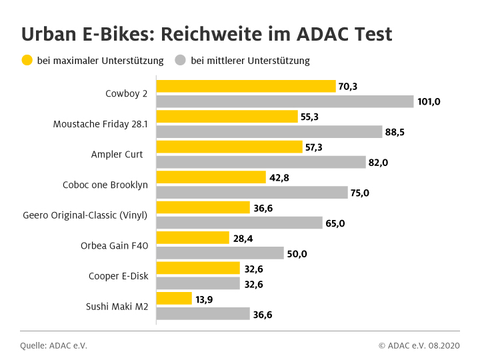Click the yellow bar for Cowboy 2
(x=245, y=86)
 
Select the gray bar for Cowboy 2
(x=285, y=101)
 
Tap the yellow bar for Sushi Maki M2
(x=174, y=299)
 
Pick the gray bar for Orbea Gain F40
(x=220, y=253)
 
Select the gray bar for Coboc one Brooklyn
(x=252, y=193)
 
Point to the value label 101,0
(x=430, y=102)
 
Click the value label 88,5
(x=395, y=132)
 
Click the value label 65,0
(x=335, y=223)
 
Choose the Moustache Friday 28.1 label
(x=100, y=124)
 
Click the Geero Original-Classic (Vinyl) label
(x=85, y=215)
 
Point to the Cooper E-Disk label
(x=119, y=276)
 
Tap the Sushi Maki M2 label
(x=117, y=307)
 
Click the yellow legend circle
(x=27, y=61)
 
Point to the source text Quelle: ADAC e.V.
(x=53, y=345)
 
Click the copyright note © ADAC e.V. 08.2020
(x=419, y=345)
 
